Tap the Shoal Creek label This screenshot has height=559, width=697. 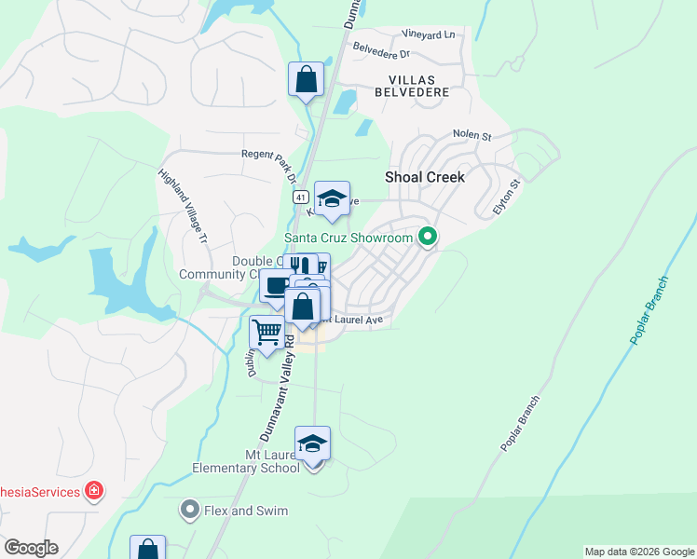pos(425,177)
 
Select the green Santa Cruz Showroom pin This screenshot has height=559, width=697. pos(428,238)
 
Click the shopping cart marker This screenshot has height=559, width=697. pos(267,332)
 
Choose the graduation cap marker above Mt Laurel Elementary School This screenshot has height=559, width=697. pos(313,443)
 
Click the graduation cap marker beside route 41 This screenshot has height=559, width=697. pos(332,198)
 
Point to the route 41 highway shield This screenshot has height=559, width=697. pos(300,198)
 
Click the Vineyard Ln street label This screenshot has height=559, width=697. pos(429,34)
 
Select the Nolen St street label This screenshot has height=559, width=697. pos(471,135)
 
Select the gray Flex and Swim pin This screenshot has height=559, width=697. pos(190,511)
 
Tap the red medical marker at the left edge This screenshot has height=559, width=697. pos(93,491)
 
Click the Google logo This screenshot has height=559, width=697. pos(31,548)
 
